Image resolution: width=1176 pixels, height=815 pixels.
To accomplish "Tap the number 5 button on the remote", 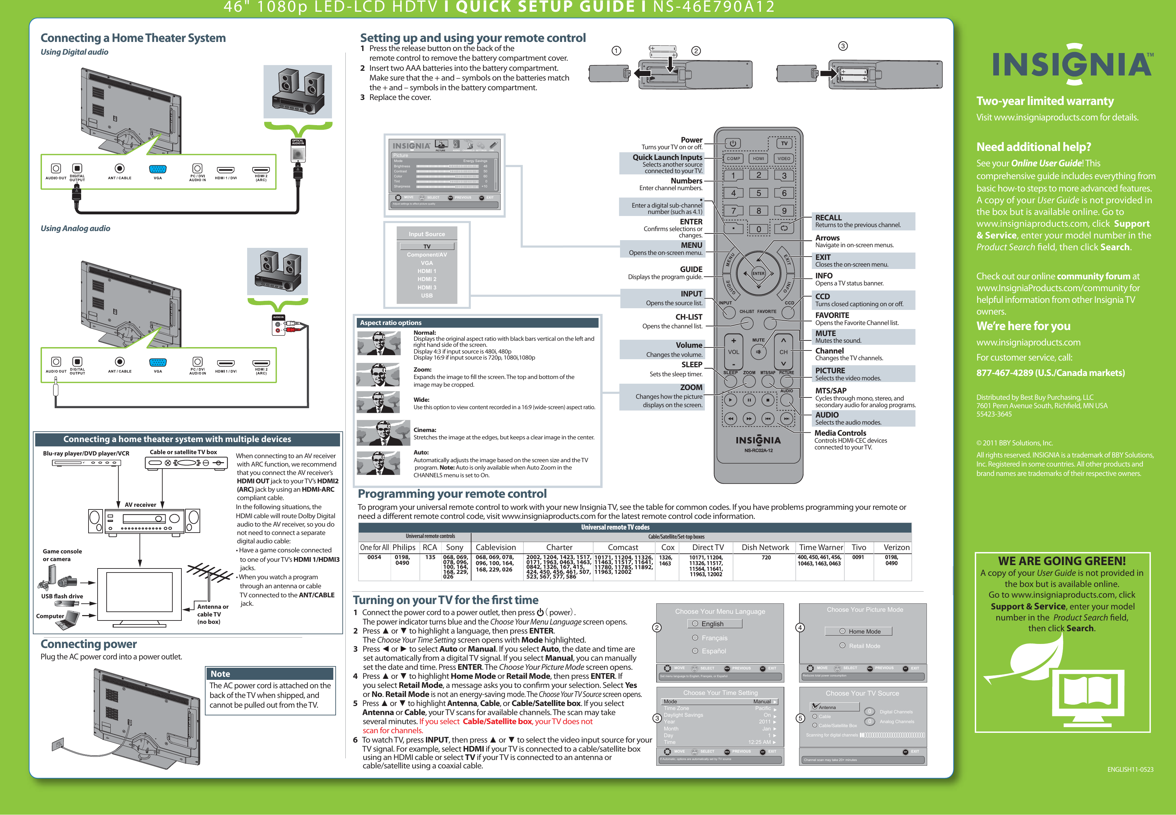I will pyautogui.click(x=759, y=193).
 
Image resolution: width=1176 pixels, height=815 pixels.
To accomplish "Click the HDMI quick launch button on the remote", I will pyautogui.click(x=759, y=158).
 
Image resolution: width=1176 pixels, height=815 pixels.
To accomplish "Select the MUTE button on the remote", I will pyautogui.click(x=759, y=351).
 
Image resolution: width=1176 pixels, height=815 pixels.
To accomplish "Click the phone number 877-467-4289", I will pyautogui.click(x=1051, y=373).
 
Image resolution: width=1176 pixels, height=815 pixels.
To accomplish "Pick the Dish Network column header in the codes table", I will pyautogui.click(x=765, y=547).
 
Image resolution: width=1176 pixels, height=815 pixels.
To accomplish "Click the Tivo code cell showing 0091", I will pyautogui.click(x=858, y=558).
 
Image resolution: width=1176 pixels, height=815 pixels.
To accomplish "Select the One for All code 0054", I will pyautogui.click(x=374, y=558).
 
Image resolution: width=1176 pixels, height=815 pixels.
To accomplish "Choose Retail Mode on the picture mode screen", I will pyautogui.click(x=864, y=646).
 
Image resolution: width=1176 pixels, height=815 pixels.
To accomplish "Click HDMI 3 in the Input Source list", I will pyautogui.click(x=427, y=287).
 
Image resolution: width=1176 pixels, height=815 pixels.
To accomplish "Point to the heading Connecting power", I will pyautogui.click(x=89, y=644).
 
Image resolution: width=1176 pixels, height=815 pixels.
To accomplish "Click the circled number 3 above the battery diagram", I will pyautogui.click(x=843, y=46).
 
